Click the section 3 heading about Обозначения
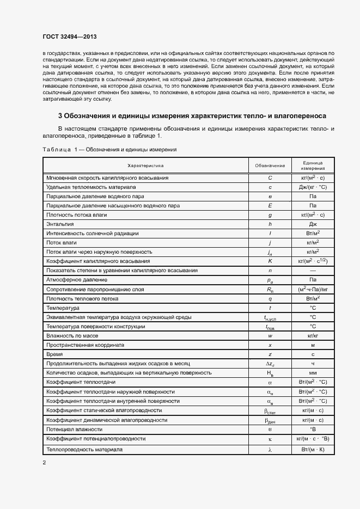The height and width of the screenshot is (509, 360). tap(192, 116)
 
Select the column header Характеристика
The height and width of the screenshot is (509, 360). tap(145, 165)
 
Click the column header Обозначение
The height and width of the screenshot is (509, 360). tap(270, 165)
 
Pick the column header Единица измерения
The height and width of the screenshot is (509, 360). tap(313, 165)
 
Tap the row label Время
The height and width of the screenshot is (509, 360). tap(55, 354)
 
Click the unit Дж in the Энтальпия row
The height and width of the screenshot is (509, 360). tap(313, 224)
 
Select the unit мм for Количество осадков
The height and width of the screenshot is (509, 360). tap(313, 373)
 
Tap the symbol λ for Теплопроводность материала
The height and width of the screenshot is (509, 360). tap(270, 450)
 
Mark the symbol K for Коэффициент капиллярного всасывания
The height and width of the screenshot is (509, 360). tap(270, 261)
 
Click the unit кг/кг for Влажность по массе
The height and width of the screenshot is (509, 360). tap(313, 336)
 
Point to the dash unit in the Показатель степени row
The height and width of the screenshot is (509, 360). tap(313, 271)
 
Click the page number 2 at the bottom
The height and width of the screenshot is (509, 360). tap(44, 463)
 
